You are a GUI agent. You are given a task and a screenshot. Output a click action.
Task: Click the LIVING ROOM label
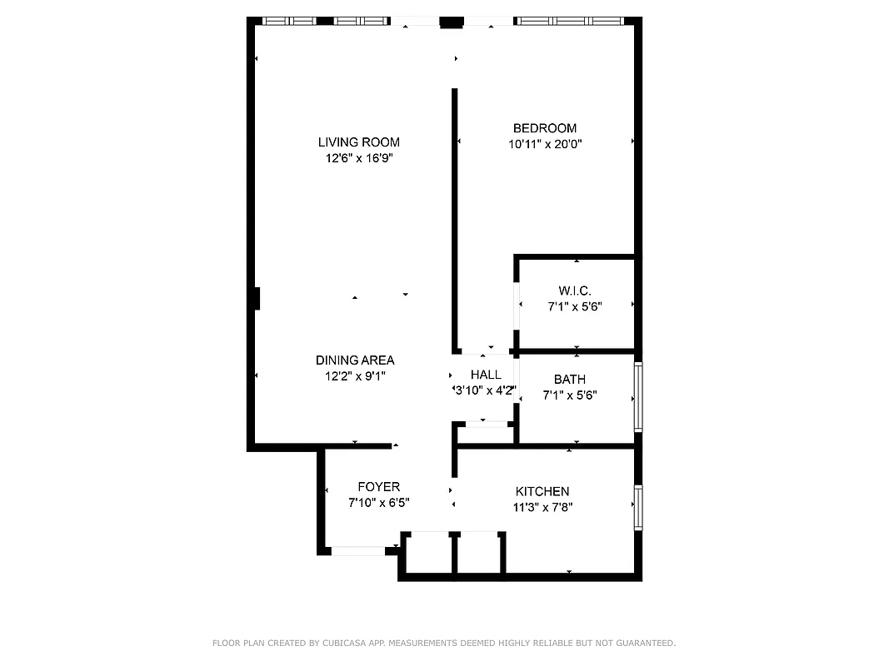pos(358,142)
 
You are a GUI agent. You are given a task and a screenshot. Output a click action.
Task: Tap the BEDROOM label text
pos(544,128)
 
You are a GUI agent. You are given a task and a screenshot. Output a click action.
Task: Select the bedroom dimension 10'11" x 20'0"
pos(544,143)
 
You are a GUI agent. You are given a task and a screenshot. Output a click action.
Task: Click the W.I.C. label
pos(574,291)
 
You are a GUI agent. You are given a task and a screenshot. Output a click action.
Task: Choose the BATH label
pos(574,380)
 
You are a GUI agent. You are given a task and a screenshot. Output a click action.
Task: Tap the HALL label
pos(486,375)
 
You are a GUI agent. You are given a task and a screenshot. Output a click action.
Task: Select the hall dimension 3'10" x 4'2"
pos(485,390)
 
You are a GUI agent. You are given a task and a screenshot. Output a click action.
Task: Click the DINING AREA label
pos(355,360)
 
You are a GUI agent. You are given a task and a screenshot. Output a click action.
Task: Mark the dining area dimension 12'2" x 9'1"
pos(355,375)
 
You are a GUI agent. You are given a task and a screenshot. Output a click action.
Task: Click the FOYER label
pos(378,487)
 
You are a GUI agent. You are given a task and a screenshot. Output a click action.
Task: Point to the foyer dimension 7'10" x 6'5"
pos(378,503)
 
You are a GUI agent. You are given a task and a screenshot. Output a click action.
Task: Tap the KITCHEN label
pos(542,491)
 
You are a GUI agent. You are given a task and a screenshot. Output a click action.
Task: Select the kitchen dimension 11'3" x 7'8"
pos(542,506)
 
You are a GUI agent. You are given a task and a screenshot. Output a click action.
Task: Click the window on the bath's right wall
pos(638,396)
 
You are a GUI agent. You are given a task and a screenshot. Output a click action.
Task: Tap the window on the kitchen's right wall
pos(638,508)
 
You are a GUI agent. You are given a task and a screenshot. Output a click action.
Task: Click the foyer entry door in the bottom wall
pos(358,550)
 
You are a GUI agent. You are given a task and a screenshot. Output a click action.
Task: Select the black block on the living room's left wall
pos(257,299)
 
